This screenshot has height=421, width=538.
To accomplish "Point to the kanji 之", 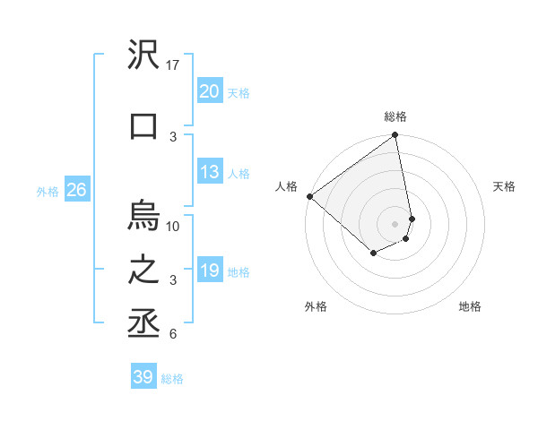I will pos(144,271).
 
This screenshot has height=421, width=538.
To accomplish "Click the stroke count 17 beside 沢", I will pos(174,65).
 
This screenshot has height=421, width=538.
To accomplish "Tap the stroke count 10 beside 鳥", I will pos(174,226).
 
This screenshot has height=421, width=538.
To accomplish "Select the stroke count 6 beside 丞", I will pos(172,334).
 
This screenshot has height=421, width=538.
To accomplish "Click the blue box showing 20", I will pos(209,91).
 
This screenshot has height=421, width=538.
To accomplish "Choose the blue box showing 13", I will pos(209,172).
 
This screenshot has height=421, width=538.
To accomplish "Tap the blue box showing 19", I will pos(209,271).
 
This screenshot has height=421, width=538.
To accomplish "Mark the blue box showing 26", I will pos(76,190).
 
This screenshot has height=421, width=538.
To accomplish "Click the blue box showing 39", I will pos(143,377).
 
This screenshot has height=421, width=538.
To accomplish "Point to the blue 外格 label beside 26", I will pos(48,191).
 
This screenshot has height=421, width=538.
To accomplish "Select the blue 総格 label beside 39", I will pos(172,379).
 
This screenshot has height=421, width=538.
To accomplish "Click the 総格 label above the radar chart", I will pos(395,116).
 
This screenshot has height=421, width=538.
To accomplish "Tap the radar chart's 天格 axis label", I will pos(504,186).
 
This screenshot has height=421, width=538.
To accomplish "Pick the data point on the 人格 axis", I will pos(309,196).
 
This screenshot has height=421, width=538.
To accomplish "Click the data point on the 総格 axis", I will pos(395,136).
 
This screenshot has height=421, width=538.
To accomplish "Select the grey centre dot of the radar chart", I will pos(395,224).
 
